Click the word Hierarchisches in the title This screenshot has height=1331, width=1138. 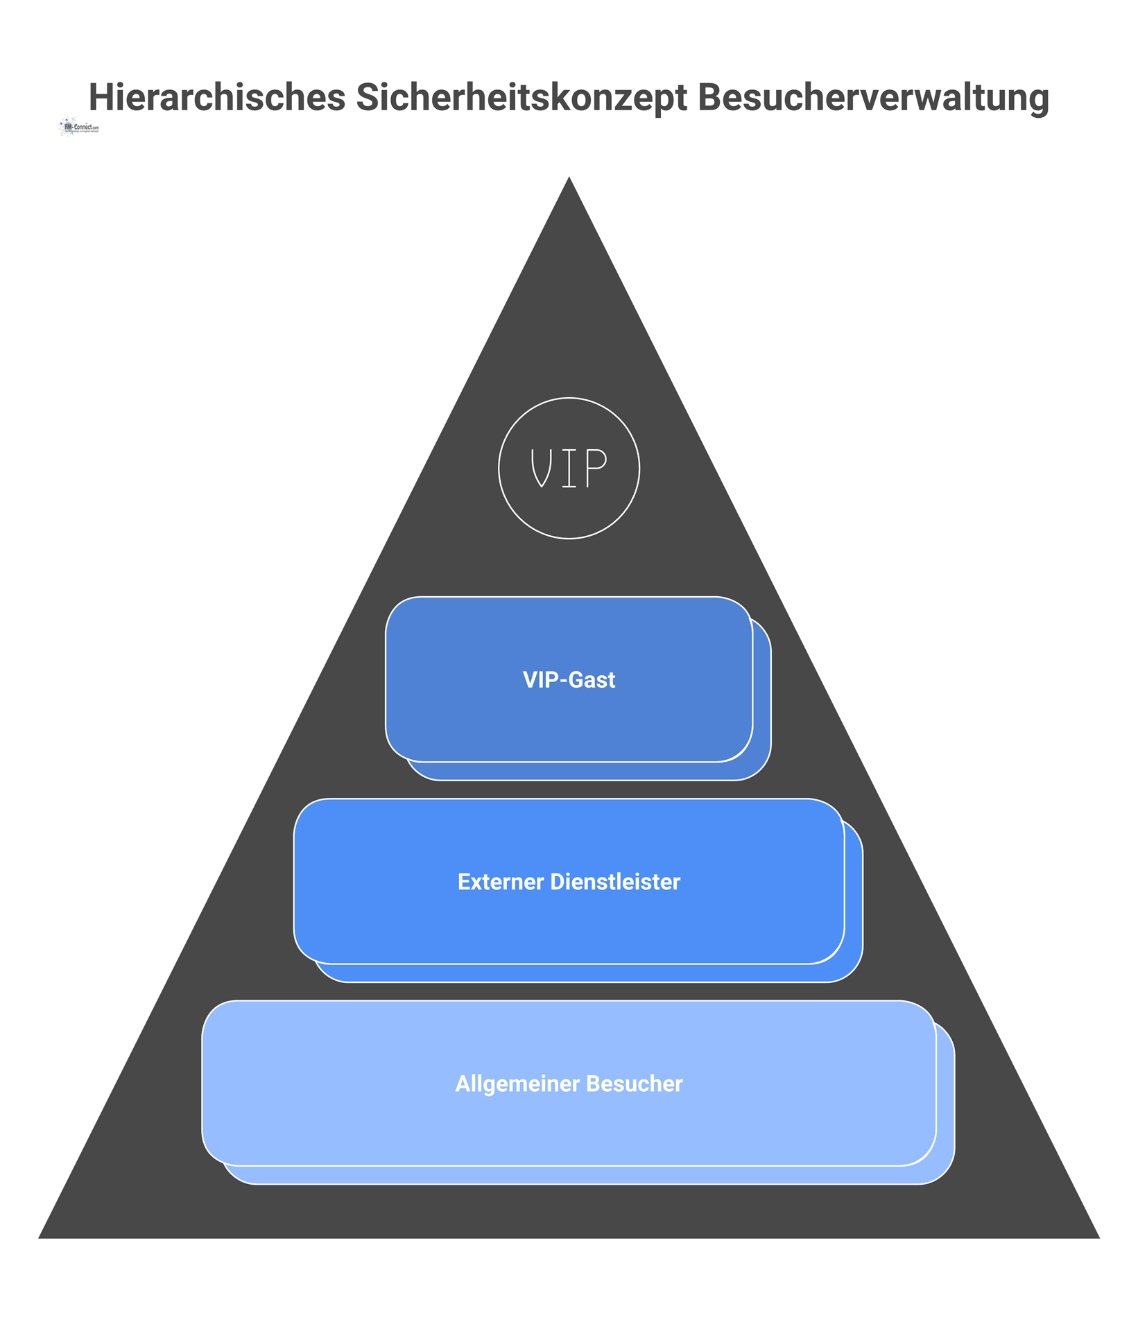216,97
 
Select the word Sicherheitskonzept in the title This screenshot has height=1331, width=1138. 521,97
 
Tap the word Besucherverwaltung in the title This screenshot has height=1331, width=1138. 872,97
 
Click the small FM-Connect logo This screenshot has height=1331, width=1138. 79,128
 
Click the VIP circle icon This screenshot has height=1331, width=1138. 569,469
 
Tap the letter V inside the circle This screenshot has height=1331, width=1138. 541,469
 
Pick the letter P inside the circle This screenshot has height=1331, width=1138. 596,469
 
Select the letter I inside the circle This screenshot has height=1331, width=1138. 569,469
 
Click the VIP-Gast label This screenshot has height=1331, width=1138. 569,680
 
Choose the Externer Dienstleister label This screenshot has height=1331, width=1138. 569,882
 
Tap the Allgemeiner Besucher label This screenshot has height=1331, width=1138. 569,1084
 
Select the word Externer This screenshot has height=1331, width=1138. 500,882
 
